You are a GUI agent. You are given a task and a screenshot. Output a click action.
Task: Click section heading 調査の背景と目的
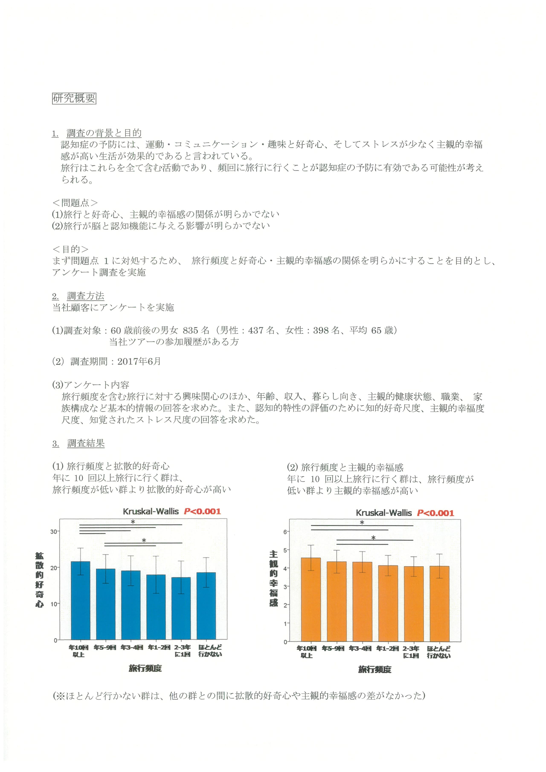(104, 133)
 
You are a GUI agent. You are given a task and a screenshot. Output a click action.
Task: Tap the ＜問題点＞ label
(75, 203)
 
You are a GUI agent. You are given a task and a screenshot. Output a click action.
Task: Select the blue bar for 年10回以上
(80, 602)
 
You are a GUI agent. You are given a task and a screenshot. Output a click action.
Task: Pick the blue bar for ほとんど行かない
(206, 607)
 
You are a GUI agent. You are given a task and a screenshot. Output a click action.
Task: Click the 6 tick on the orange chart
(285, 532)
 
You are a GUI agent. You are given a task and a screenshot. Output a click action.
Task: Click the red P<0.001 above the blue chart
(202, 511)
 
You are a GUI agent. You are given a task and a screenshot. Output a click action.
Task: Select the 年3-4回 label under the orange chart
(360, 648)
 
